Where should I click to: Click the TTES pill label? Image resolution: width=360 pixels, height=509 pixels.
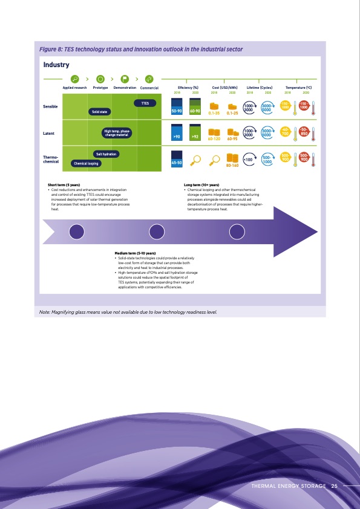[x=145, y=103]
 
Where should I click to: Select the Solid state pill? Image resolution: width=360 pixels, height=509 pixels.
[x=99, y=112]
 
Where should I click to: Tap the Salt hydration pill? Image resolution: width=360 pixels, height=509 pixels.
[x=106, y=155]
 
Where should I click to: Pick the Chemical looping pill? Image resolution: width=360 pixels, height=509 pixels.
[x=86, y=163]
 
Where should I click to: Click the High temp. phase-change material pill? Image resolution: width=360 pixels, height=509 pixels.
[x=115, y=133]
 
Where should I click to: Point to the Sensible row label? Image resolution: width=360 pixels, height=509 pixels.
[x=51, y=107]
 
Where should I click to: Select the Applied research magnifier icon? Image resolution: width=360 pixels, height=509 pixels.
[x=75, y=79]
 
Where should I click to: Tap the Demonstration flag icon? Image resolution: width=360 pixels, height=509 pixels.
[x=125, y=79]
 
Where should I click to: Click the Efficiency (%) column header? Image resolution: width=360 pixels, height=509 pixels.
[x=188, y=88]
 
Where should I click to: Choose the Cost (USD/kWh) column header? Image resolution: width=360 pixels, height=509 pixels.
[x=224, y=88]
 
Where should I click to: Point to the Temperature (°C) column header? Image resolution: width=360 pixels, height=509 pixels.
[x=298, y=88]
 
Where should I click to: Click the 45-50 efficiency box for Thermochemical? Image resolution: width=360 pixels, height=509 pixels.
[x=177, y=163]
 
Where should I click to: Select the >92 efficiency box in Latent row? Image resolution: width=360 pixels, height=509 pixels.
[x=195, y=137]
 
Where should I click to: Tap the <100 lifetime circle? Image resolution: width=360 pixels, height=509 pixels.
[x=247, y=160]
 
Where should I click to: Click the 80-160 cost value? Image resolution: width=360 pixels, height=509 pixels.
[x=232, y=164]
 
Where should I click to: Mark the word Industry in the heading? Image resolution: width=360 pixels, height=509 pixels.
[x=56, y=63]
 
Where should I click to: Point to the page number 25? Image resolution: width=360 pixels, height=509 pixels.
[x=334, y=486]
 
